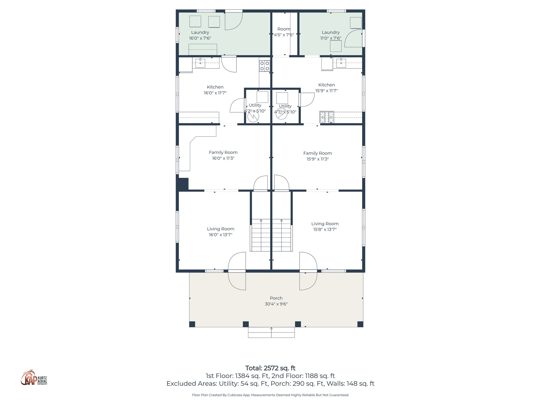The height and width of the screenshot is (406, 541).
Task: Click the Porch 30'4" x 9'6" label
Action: click(276, 301)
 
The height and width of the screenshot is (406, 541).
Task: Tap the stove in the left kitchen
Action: click(264, 66)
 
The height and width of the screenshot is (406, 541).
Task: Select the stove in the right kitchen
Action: click(327, 117)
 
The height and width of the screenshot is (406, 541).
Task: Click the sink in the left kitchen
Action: click(200, 63)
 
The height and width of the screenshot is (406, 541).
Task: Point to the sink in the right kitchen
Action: click(341, 63)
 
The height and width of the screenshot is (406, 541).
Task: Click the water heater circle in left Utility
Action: click(253, 117)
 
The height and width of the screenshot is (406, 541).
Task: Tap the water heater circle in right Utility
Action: click(281, 114)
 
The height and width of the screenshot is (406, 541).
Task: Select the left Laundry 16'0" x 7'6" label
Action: click(200, 35)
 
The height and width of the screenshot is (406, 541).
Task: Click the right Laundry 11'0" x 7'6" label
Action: click(330, 35)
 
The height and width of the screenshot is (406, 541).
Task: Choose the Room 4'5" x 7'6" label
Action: click(284, 32)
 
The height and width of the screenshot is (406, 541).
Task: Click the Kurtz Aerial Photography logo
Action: click(34, 378)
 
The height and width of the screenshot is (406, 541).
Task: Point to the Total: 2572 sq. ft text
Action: click(270, 368)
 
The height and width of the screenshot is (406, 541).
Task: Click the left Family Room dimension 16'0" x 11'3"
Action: click(223, 158)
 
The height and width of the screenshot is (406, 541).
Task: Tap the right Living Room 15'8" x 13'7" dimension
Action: click(325, 229)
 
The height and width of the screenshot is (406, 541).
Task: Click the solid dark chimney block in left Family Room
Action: click(183, 184)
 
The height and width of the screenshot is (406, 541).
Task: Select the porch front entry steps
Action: click(271, 333)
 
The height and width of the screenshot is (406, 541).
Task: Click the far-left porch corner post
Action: click(192, 324)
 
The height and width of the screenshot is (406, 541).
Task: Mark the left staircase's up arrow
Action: click(261, 220)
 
